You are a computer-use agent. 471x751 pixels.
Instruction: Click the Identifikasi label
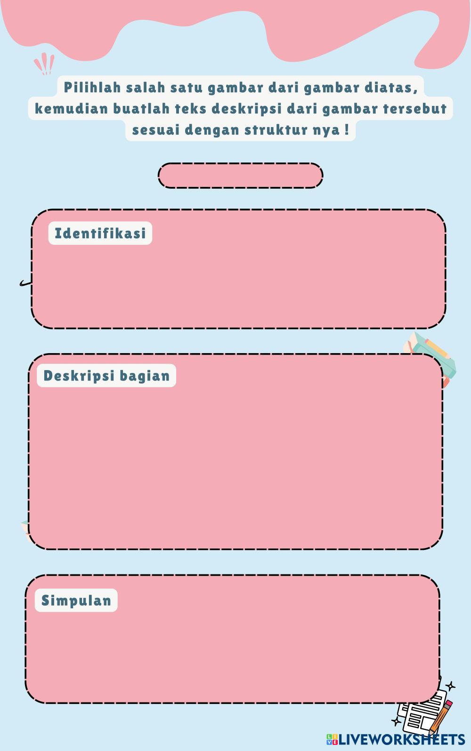pos(100,233)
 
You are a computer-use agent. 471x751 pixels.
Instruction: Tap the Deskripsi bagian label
pos(106,376)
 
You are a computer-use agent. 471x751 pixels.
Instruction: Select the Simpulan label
pos(76,600)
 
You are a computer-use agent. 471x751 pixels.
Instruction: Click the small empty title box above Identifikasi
pos(240,176)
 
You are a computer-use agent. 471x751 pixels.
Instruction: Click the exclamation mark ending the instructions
pos(347,129)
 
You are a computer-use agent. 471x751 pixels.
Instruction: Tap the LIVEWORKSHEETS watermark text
pos(402,739)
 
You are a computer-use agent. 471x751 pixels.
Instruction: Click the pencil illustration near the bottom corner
pos(442,716)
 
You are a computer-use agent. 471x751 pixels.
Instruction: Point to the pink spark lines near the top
pos(44,64)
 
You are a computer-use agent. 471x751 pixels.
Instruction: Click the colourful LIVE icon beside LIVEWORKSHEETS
pos(332,739)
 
